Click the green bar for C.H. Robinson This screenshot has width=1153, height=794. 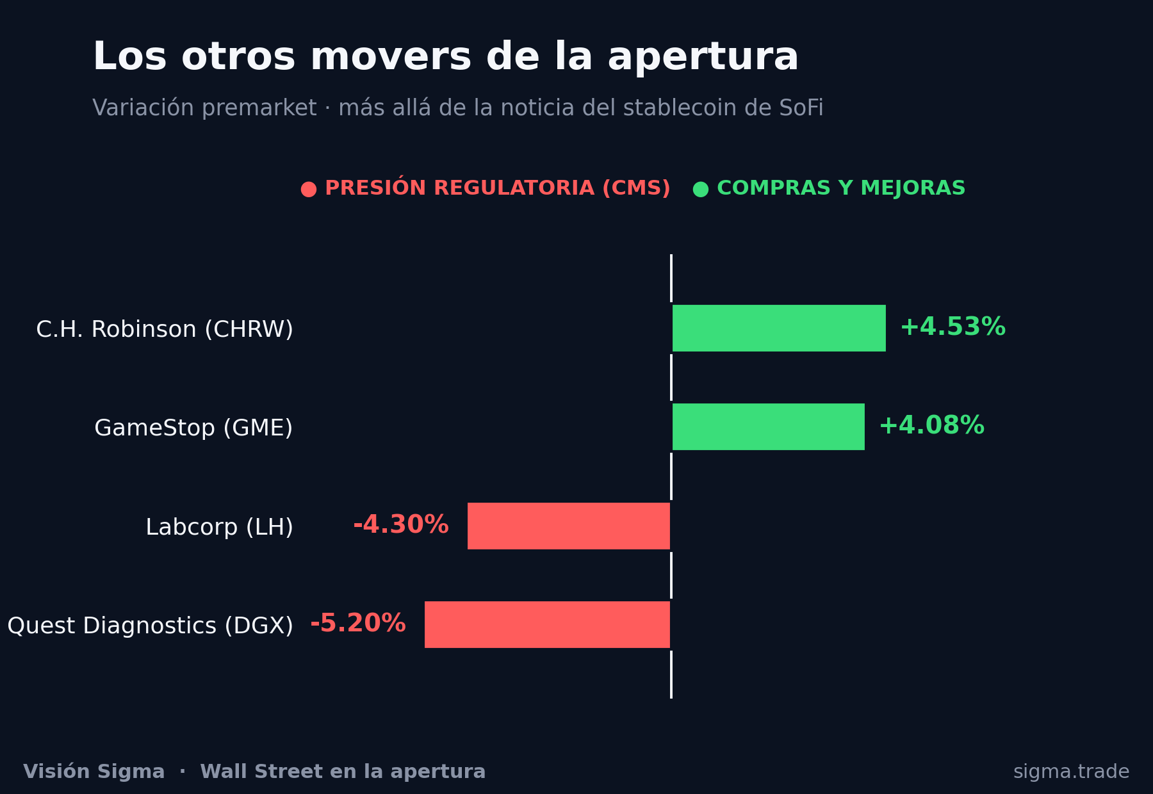(x=779, y=328)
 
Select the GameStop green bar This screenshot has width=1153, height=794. (x=769, y=426)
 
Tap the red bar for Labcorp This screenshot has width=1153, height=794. (x=569, y=526)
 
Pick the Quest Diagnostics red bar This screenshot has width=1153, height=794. (x=547, y=624)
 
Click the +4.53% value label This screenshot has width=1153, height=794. (x=953, y=327)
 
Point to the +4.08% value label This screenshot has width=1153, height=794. (x=932, y=426)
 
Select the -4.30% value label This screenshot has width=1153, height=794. (x=401, y=525)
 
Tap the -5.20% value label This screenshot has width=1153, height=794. (x=358, y=624)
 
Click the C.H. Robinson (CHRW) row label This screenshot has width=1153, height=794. (x=165, y=330)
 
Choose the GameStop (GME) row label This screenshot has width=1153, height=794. (x=193, y=428)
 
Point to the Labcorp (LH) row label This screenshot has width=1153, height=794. (x=220, y=528)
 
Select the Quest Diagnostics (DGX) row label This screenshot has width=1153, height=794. (x=151, y=626)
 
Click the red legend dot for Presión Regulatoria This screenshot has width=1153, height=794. (x=309, y=190)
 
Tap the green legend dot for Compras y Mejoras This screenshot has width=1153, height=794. (x=701, y=190)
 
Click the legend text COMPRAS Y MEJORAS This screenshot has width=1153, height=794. (x=841, y=189)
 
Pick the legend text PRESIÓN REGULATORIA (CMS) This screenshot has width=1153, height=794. (x=498, y=188)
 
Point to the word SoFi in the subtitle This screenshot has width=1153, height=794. (x=801, y=108)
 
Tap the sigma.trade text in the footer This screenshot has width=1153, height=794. (x=1072, y=772)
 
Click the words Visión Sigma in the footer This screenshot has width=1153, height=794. (x=94, y=772)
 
